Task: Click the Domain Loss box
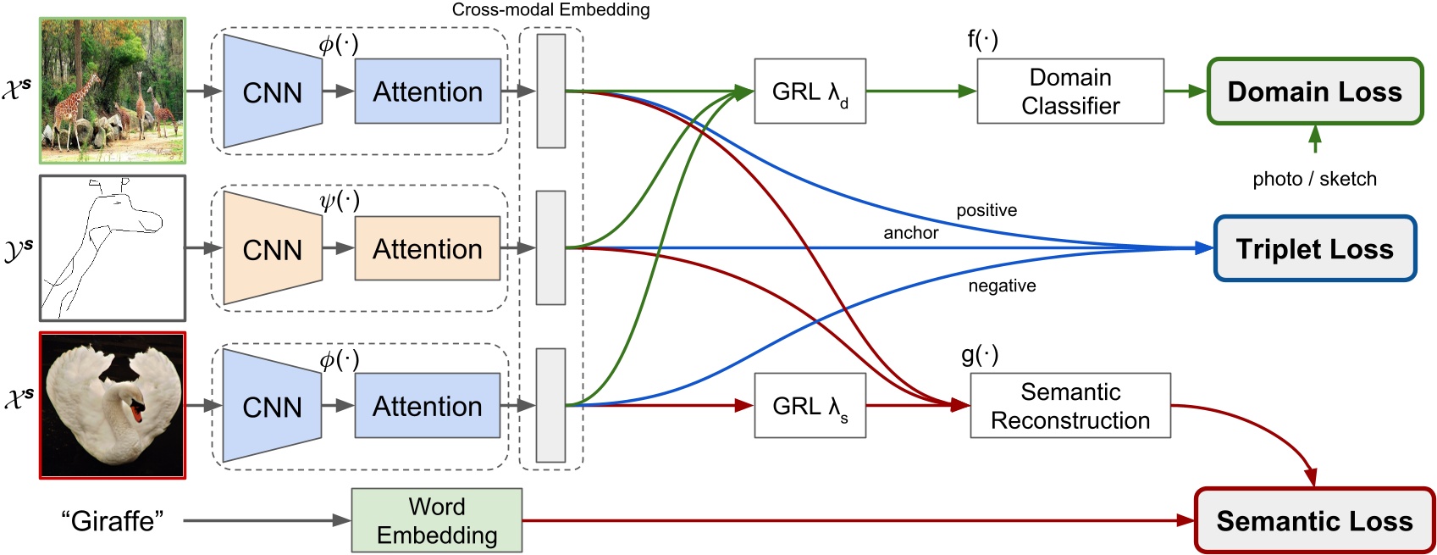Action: [1314, 92]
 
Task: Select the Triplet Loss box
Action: [1314, 249]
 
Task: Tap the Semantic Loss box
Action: [1314, 520]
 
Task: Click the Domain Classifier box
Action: [1070, 92]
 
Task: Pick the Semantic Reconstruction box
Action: [1070, 406]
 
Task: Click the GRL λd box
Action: [810, 92]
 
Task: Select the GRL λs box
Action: [810, 406]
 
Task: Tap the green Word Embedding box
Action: [437, 520]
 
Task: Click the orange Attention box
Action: [428, 249]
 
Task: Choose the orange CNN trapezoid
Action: [272, 249]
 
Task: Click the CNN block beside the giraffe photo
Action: [272, 92]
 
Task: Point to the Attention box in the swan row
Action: [428, 406]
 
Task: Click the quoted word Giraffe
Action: [112, 520]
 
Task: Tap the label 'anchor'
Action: [911, 233]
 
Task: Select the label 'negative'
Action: [1002, 286]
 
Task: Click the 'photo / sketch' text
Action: [1314, 179]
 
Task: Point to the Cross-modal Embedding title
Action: [550, 10]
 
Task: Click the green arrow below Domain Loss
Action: [1314, 138]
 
